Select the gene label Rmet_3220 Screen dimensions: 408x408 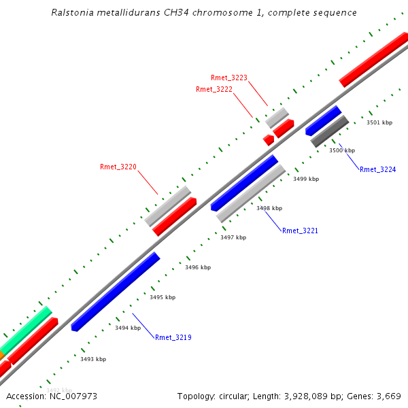(118, 167)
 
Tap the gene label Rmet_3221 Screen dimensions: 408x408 (300, 231)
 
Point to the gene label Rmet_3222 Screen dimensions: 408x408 (214, 89)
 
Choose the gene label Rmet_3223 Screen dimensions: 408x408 (229, 78)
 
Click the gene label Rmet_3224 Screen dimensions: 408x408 (377, 169)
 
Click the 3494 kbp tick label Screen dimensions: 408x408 (128, 328)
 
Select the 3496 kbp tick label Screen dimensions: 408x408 (198, 267)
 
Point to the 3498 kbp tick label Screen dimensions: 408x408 (269, 208)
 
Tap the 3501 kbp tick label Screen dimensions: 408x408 (379, 122)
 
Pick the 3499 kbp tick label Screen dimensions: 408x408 (306, 179)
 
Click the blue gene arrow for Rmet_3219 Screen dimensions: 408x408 (116, 291)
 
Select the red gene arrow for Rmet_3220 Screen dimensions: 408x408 (174, 217)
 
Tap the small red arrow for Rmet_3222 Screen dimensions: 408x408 (269, 139)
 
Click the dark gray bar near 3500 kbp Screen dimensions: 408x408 (330, 131)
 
